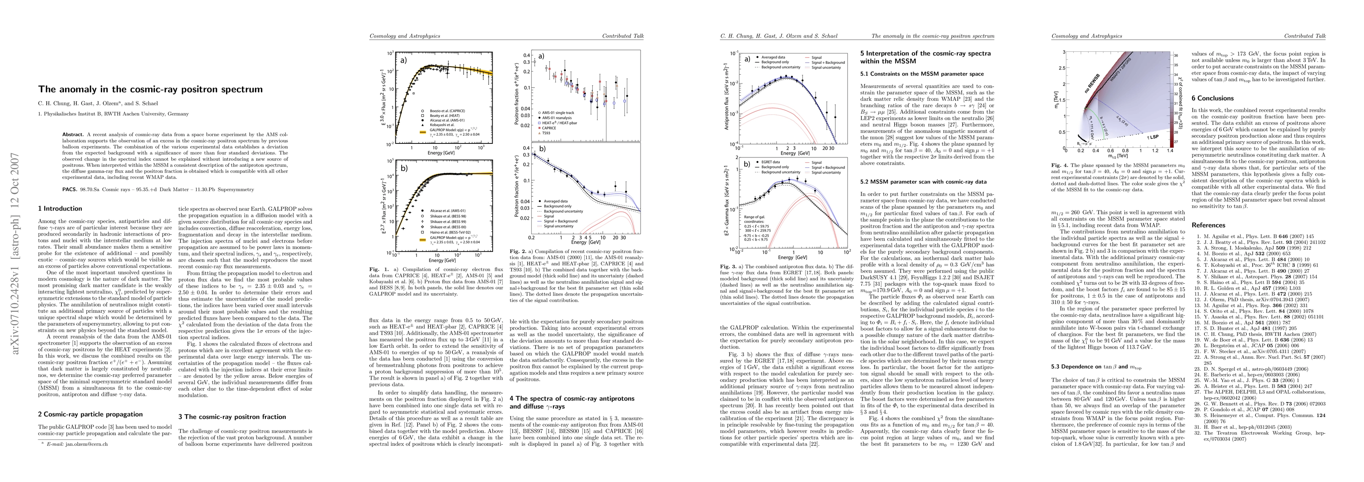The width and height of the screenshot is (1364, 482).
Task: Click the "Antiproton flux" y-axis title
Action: pos(727,103)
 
